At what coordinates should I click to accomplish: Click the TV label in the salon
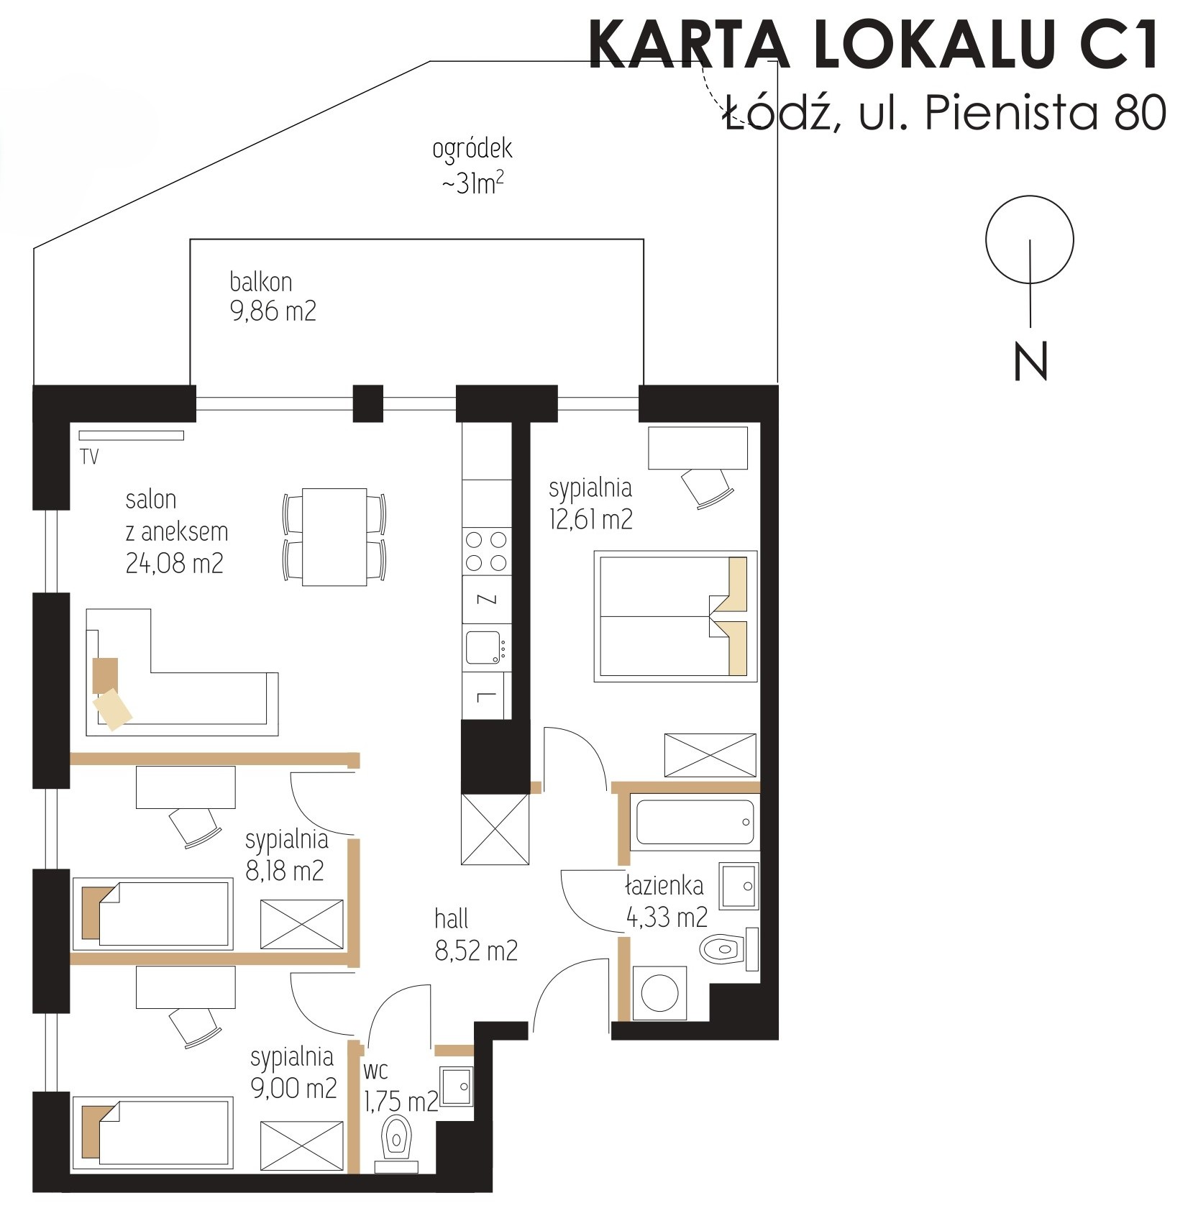(x=89, y=457)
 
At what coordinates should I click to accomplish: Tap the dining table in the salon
(x=334, y=536)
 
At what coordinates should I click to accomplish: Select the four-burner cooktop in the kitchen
(x=486, y=551)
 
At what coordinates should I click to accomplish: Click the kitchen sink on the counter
(x=484, y=647)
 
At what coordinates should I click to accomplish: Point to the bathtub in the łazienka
(x=694, y=821)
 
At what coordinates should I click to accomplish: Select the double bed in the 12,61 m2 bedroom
(x=675, y=616)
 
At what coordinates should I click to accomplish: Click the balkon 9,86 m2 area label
(x=273, y=296)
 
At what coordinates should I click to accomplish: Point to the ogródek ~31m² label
(x=472, y=166)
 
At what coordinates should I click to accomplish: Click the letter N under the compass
(x=1030, y=361)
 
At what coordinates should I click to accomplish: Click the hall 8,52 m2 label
(x=475, y=935)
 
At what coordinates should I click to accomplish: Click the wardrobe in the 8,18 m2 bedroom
(x=302, y=923)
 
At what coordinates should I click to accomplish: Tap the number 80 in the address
(x=1140, y=113)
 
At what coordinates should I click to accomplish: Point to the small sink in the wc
(x=456, y=1085)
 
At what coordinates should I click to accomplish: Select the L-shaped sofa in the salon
(x=181, y=673)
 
